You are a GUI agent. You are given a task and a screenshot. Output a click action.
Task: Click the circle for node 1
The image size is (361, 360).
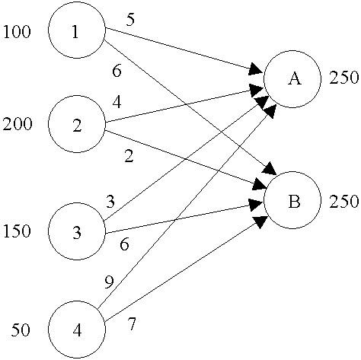tap(76, 30)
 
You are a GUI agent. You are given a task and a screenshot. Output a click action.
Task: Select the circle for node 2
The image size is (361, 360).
tap(76, 125)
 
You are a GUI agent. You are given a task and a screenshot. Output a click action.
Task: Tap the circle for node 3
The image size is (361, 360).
tap(76, 229)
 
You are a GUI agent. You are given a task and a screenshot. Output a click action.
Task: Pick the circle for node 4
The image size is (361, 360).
tap(76, 330)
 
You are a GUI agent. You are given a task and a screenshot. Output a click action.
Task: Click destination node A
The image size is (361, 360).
tap(292, 79)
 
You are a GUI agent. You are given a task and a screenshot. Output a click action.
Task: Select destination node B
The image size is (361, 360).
tap(292, 202)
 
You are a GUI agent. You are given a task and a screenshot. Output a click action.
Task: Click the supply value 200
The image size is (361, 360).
tap(17, 125)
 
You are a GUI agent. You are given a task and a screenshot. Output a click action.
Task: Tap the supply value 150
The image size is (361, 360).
tap(17, 231)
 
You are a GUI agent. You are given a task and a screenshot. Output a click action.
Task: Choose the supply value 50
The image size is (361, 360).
tap(21, 331)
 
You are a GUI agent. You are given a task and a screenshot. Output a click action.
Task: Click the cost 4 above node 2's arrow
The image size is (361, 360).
tap(116, 100)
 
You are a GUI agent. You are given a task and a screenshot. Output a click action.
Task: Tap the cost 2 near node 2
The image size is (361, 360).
tap(129, 158)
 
